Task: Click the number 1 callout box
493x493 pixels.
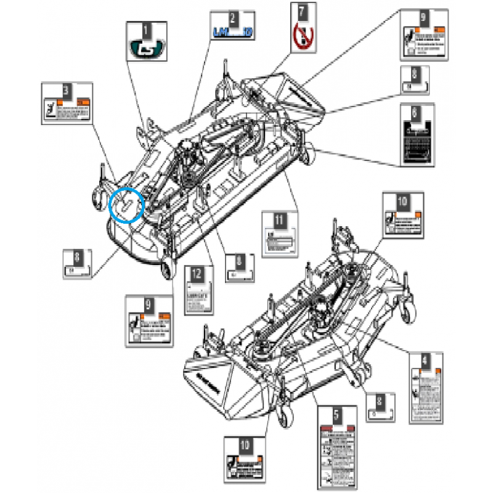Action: (145, 28)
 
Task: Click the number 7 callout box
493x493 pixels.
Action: (301, 11)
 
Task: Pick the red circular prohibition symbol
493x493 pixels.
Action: (301, 36)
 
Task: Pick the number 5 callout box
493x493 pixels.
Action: (335, 415)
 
